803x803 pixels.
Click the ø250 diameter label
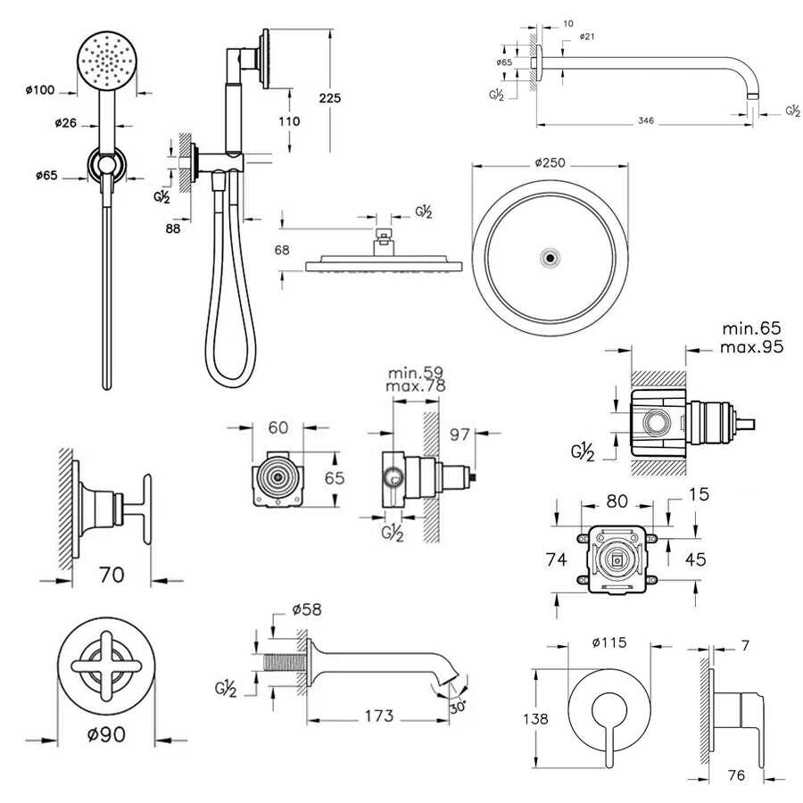tap(551, 163)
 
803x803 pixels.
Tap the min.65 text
tap(752, 329)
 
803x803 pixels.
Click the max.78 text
tap(416, 386)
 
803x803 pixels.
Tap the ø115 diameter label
tap(609, 642)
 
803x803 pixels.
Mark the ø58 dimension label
tap(306, 610)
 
